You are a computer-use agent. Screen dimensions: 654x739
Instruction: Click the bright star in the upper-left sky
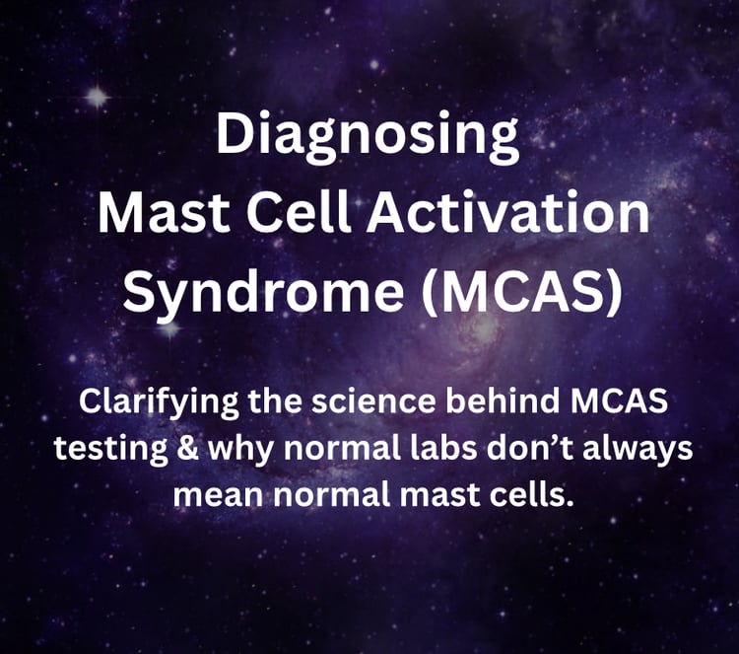tap(97, 96)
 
